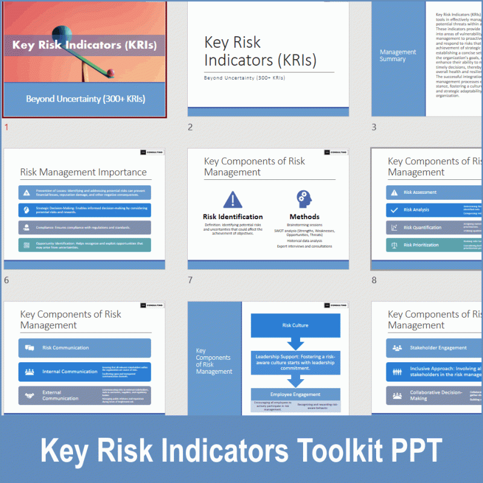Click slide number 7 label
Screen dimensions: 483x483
[x=190, y=280]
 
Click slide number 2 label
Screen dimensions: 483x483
[x=190, y=127]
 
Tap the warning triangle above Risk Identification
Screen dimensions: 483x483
[x=232, y=200]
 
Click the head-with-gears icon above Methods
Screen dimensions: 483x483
[x=304, y=199]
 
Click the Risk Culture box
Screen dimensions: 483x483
[x=295, y=325]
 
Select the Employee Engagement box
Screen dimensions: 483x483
[x=295, y=394]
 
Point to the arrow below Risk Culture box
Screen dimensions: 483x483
[x=295, y=344]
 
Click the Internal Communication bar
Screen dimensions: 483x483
[x=85, y=372]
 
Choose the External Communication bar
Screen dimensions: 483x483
[x=85, y=395]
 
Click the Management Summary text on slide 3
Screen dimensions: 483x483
[x=398, y=56]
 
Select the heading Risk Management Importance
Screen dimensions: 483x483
[x=83, y=172]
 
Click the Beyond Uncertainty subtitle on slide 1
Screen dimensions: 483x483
[x=85, y=99]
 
